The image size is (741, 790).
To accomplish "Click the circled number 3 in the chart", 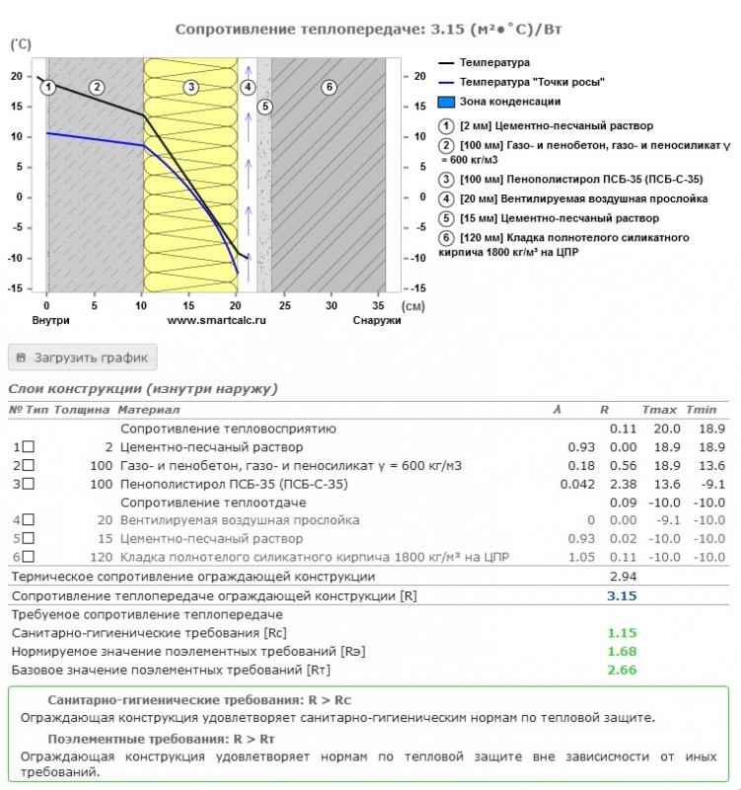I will pyautogui.click(x=191, y=87).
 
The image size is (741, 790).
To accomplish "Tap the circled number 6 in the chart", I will pyautogui.click(x=329, y=87).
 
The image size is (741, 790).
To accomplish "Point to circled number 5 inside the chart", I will pyautogui.click(x=263, y=106).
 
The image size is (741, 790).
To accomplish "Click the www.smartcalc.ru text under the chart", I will pyautogui.click(x=216, y=320).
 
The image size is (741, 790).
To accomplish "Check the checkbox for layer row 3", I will pyautogui.click(x=28, y=484).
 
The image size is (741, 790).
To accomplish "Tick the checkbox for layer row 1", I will pyautogui.click(x=28, y=447).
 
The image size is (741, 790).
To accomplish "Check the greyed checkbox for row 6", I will pyautogui.click(x=28, y=557).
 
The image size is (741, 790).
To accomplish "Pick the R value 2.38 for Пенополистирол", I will pyautogui.click(x=624, y=484).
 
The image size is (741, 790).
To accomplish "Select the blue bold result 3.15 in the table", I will pyautogui.click(x=623, y=595).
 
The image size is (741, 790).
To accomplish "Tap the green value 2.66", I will pyautogui.click(x=623, y=670).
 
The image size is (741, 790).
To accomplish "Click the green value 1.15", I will pyautogui.click(x=623, y=633).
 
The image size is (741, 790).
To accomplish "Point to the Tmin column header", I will pyautogui.click(x=701, y=409).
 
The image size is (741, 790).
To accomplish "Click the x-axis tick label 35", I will pyautogui.click(x=378, y=306).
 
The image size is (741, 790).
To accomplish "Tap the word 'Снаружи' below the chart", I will pyautogui.click(x=377, y=320).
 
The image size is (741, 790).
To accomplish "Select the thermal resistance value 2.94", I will pyautogui.click(x=623, y=577).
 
